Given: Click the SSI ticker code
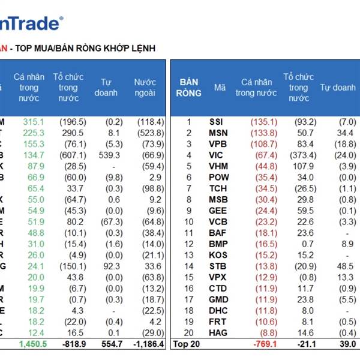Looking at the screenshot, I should coord(216,121).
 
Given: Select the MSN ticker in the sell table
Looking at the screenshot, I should coord(216,133).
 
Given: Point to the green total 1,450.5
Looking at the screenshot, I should coord(29,344).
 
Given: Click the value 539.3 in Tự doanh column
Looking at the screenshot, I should coord(107,155).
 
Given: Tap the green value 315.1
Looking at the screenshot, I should coord(34,121).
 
